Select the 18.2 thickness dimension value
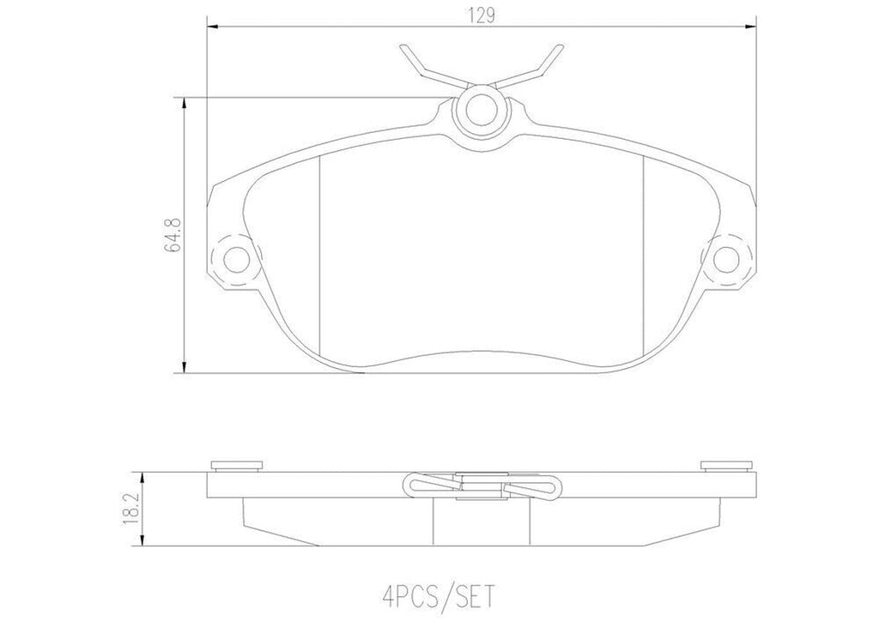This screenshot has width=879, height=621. (130, 509)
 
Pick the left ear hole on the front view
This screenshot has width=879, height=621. (233, 256)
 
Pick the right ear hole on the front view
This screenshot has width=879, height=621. (728, 256)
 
